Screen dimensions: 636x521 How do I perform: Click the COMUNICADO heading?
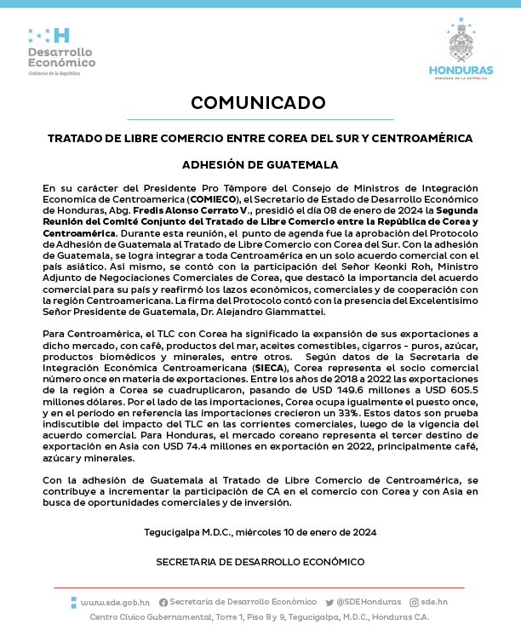click(260, 103)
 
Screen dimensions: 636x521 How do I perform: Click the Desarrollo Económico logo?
click(61, 51)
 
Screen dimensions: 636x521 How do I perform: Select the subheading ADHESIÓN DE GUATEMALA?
click(260, 164)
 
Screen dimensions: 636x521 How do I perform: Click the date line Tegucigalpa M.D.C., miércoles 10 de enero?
click(260, 532)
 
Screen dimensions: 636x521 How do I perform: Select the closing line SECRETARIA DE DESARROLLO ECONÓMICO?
click(260, 562)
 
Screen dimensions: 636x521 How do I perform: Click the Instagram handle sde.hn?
click(433, 602)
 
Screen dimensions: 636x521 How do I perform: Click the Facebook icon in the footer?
click(163, 602)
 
